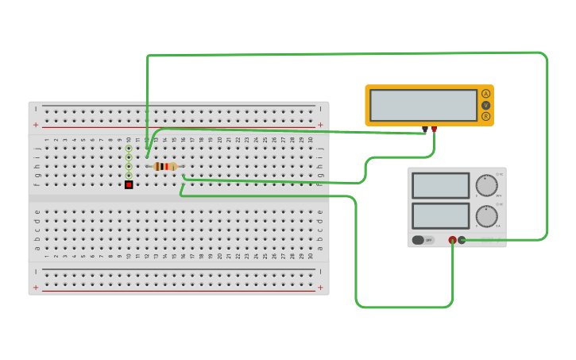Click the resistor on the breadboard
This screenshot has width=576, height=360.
164,166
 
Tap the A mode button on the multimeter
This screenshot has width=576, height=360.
485,94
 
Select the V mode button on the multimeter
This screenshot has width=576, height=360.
485,105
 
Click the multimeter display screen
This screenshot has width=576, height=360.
423,105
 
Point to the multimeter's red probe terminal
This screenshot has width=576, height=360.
434,128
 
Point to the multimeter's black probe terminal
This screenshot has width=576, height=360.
425,128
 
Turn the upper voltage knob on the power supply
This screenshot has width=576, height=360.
486,185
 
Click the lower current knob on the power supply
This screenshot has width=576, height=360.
486,216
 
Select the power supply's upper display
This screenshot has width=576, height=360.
441,185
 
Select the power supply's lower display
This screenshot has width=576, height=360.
441,215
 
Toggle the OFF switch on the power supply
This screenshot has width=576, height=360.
422,240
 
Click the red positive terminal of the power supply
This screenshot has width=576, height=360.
452,240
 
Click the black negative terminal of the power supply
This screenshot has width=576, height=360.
462,240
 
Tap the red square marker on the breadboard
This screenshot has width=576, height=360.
129,184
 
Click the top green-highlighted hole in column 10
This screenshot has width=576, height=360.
129,148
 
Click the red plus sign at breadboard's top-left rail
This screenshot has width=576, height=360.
36,125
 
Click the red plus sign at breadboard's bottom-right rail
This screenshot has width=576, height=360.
320,288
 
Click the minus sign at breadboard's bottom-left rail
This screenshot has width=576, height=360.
36,272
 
